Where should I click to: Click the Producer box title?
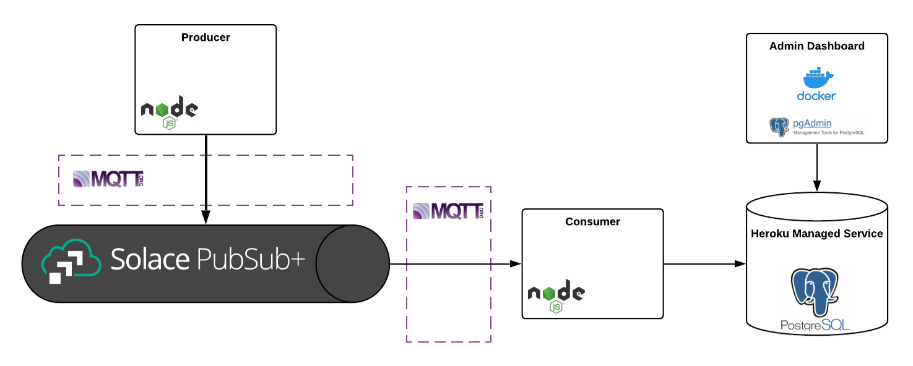[206, 38]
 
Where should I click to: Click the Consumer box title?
[592, 222]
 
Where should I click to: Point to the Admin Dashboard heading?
[816, 46]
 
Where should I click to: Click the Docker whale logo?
[817, 78]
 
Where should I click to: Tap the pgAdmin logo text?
[812, 124]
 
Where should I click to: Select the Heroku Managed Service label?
[816, 234]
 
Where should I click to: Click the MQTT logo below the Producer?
[108, 179]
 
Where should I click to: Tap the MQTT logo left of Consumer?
[448, 211]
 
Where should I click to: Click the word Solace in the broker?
[150, 260]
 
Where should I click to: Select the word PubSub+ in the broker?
[251, 260]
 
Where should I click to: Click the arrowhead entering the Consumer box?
[516, 264]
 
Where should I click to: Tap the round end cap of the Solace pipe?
[352, 264]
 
